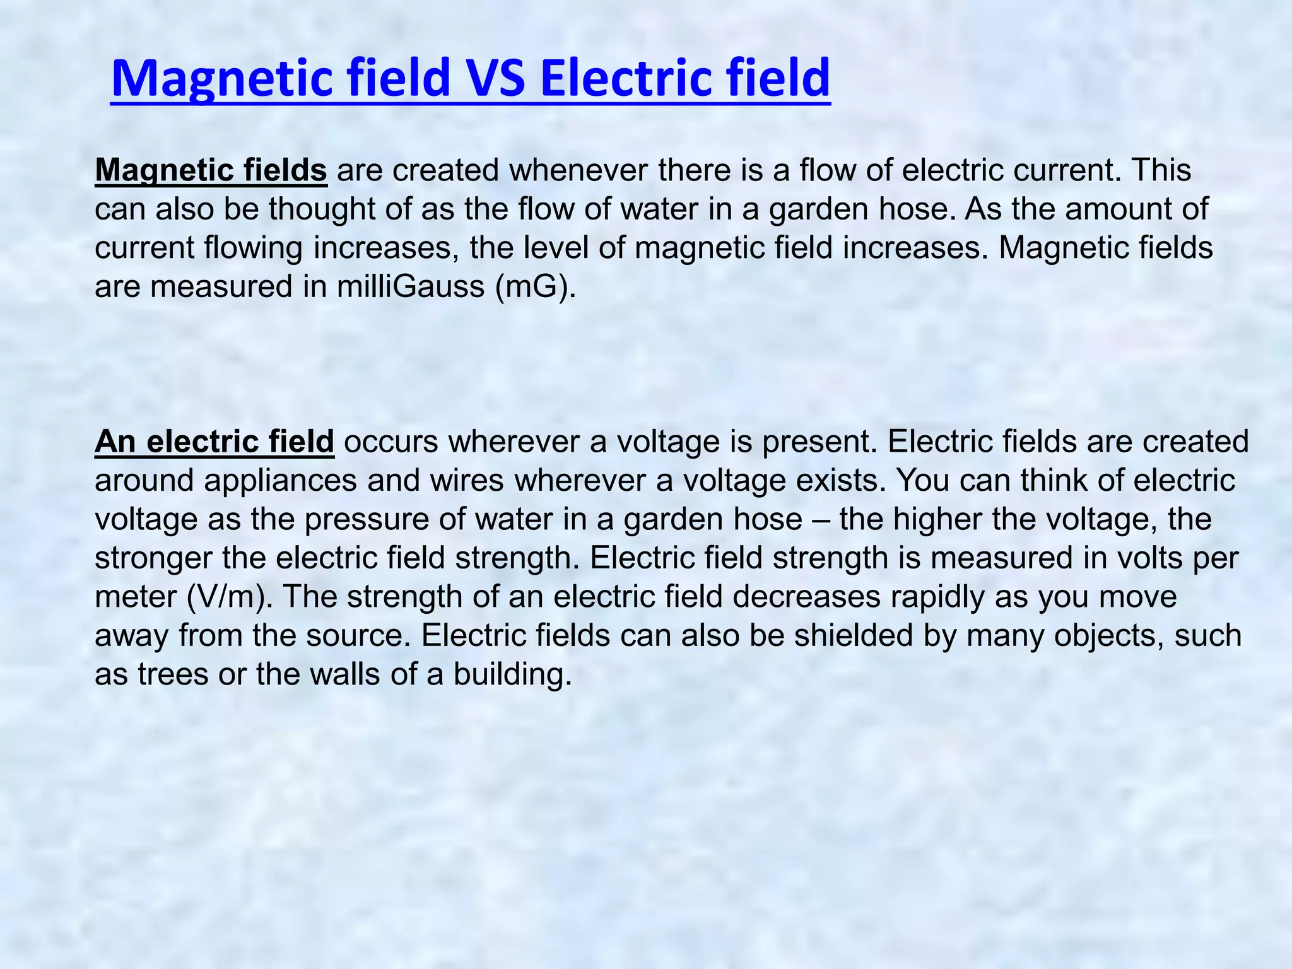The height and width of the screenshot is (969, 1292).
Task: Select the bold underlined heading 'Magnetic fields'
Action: point(211,170)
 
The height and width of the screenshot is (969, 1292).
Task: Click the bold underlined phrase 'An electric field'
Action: point(214,442)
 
